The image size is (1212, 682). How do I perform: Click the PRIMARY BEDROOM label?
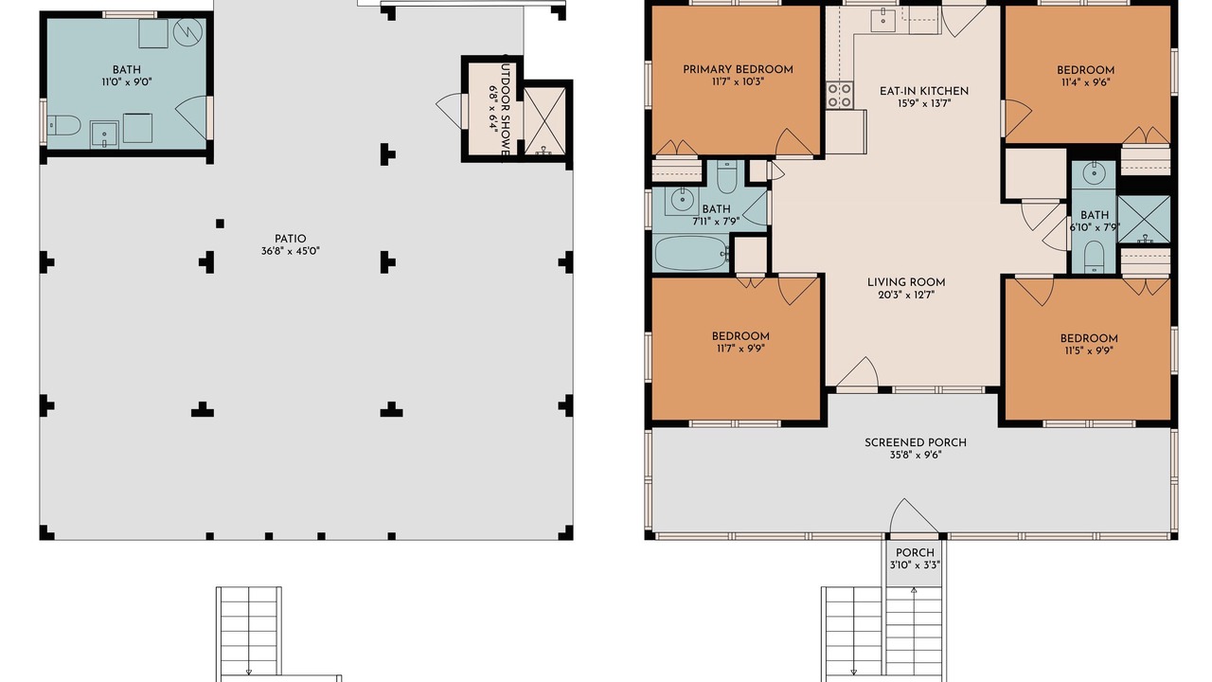(x=738, y=69)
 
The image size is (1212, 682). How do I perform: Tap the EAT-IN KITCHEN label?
(x=924, y=91)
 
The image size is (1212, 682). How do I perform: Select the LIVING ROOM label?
(x=906, y=282)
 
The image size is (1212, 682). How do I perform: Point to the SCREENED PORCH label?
(x=916, y=442)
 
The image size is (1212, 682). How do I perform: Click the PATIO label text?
(x=291, y=239)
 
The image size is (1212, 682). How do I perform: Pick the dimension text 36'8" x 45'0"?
(x=291, y=251)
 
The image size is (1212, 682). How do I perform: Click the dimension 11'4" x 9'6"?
(x=1085, y=82)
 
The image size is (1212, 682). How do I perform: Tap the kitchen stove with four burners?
(x=839, y=95)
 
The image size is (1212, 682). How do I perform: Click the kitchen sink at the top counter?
(x=883, y=21)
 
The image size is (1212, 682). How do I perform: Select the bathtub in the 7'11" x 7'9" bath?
(x=691, y=253)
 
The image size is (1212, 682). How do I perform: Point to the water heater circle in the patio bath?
(x=187, y=32)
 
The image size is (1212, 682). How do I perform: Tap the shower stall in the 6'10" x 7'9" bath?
(x=1144, y=219)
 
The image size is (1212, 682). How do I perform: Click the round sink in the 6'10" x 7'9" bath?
(x=1094, y=173)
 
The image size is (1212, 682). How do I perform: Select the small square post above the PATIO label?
(x=220, y=223)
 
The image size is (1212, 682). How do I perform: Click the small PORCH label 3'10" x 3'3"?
(x=915, y=559)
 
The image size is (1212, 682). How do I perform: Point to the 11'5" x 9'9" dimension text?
(x=1089, y=350)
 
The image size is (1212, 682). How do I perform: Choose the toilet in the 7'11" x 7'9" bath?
(x=726, y=177)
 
